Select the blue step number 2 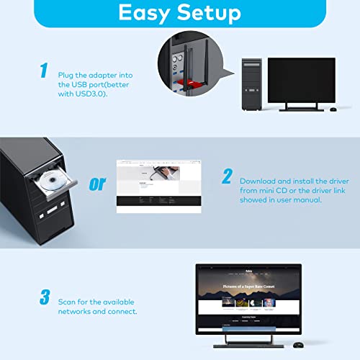[226, 176]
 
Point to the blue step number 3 [44, 297]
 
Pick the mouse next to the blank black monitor [333, 109]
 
